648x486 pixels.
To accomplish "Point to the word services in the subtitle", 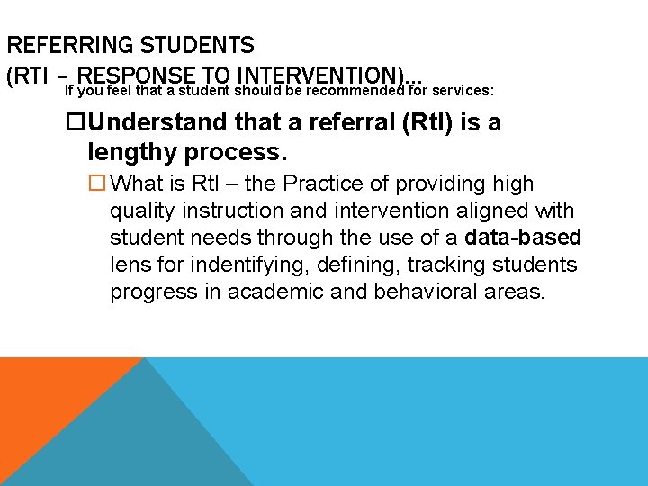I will (x=466, y=91).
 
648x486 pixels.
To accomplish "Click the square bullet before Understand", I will (x=78, y=122).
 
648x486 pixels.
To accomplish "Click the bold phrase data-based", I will (x=524, y=238).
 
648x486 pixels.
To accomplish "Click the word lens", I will (x=130, y=265).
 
